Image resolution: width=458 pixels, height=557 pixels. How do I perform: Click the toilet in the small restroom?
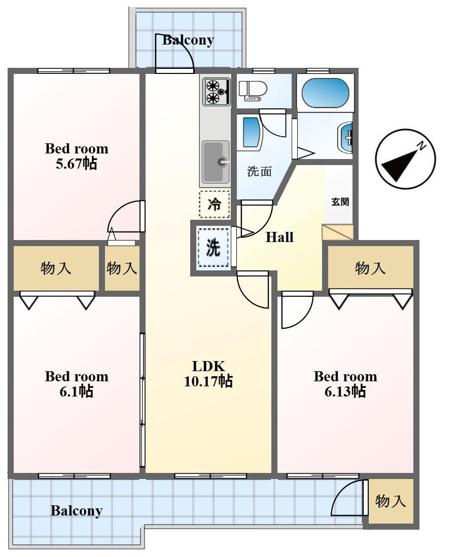[253, 90]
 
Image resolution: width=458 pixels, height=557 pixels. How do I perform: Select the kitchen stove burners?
[217, 92]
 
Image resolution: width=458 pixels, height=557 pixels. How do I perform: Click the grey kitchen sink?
[216, 162]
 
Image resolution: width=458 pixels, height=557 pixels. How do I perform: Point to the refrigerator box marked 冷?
[214, 204]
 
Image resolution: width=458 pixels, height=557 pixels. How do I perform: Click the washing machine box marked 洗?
[213, 247]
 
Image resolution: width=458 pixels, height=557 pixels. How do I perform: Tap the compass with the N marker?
[406, 158]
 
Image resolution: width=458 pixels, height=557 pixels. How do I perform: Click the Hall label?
[279, 237]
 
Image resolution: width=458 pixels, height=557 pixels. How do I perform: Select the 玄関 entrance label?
[340, 202]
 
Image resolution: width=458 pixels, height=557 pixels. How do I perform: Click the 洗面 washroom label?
[259, 172]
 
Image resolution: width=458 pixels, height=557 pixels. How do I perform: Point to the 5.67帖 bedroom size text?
[77, 164]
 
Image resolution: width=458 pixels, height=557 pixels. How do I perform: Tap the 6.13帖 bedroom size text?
[345, 391]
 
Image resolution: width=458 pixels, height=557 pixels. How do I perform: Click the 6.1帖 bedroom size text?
[77, 391]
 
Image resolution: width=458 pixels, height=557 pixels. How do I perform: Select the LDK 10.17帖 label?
[208, 374]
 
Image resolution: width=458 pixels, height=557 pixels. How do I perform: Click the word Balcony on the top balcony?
[188, 40]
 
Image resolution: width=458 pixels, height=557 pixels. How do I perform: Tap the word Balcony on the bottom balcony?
[77, 511]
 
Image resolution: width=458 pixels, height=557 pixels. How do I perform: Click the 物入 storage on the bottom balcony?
[391, 501]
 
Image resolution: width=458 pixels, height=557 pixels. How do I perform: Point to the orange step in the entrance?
[337, 232]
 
